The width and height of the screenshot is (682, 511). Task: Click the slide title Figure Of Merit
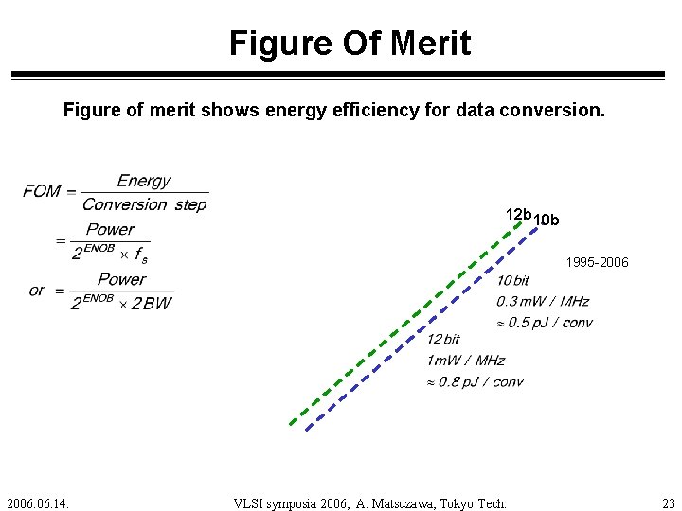click(350, 44)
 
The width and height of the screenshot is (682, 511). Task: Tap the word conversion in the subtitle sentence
click(549, 111)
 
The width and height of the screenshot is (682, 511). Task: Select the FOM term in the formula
click(42, 191)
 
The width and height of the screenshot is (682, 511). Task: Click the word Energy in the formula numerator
click(144, 181)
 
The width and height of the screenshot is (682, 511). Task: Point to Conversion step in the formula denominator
click(144, 204)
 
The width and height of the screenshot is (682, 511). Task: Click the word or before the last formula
click(37, 290)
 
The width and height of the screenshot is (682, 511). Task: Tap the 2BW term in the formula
click(152, 304)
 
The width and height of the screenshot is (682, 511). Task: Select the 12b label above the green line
click(518, 215)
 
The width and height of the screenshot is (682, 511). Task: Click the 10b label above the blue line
click(547, 221)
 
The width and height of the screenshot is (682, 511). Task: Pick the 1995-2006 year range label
click(597, 262)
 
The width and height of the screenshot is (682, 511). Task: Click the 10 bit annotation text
click(512, 280)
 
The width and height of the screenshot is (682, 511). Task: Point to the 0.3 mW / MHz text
click(542, 301)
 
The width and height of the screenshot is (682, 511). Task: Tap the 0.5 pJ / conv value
click(549, 322)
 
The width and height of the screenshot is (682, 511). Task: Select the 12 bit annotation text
click(442, 339)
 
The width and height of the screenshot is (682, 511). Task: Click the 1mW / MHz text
click(465, 360)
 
